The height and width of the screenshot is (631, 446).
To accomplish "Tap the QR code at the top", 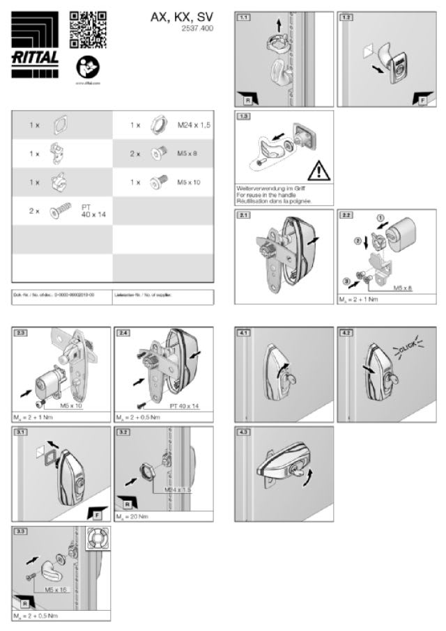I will (x=88, y=29).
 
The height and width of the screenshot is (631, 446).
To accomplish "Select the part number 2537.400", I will (x=197, y=30).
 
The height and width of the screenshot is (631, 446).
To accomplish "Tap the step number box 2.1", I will (x=244, y=216).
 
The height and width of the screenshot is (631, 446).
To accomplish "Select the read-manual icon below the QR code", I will (x=88, y=67).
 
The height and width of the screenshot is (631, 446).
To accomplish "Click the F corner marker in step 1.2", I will (x=420, y=98).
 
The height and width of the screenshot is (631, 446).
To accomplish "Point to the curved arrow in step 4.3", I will (x=301, y=479).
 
